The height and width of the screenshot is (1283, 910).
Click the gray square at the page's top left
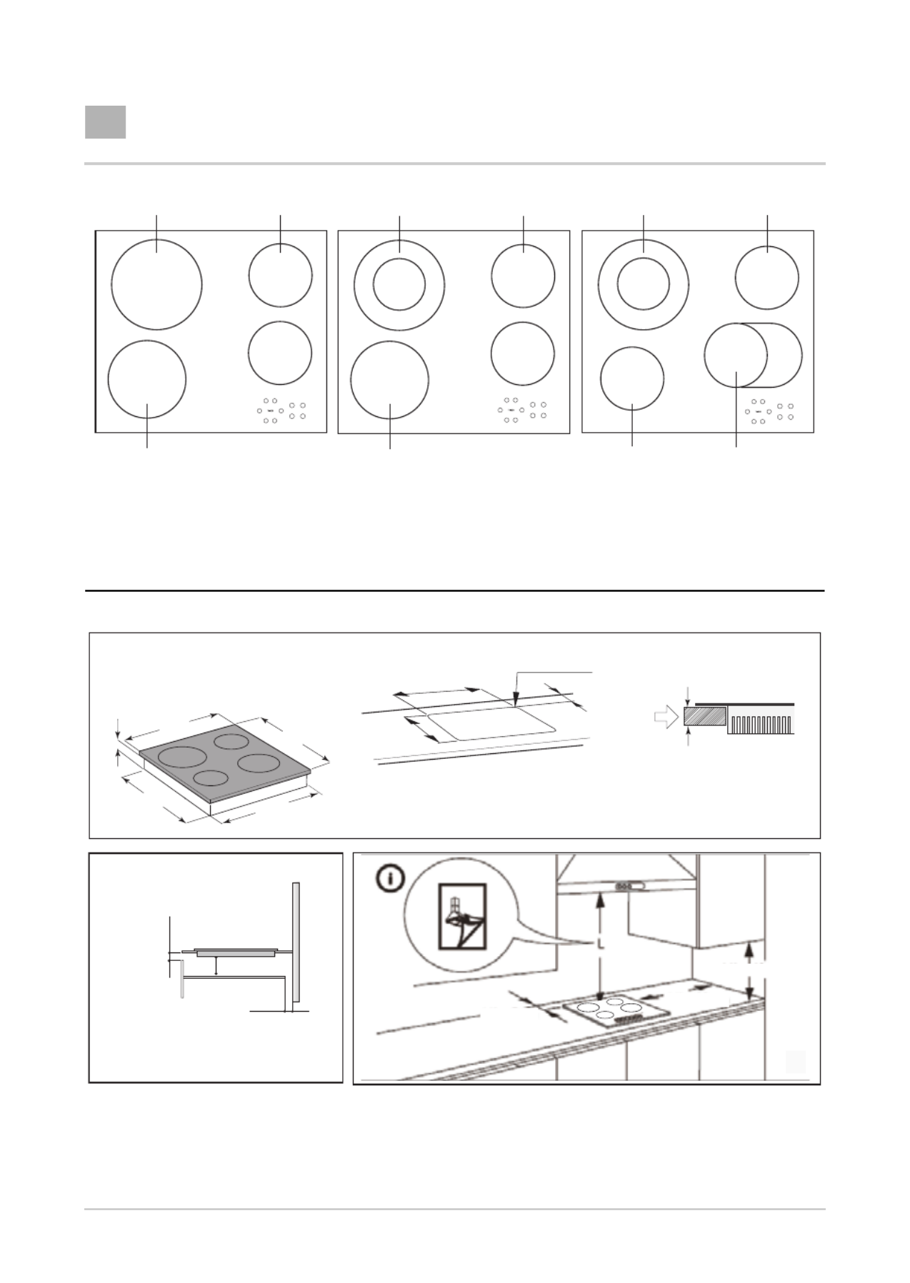point(106,122)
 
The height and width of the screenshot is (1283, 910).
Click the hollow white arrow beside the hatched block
point(666,719)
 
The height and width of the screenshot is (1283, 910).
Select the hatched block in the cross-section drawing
point(705,716)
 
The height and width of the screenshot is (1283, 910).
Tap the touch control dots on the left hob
point(281,411)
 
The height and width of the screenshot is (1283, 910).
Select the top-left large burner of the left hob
point(156,284)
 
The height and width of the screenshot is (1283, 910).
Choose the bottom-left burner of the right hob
point(632,379)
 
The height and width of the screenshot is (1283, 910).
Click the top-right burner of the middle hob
point(523,276)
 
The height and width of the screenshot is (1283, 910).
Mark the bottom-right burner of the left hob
point(280,353)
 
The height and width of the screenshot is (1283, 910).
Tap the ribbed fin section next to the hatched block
point(761,723)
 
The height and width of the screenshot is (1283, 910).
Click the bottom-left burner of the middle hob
point(390,379)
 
